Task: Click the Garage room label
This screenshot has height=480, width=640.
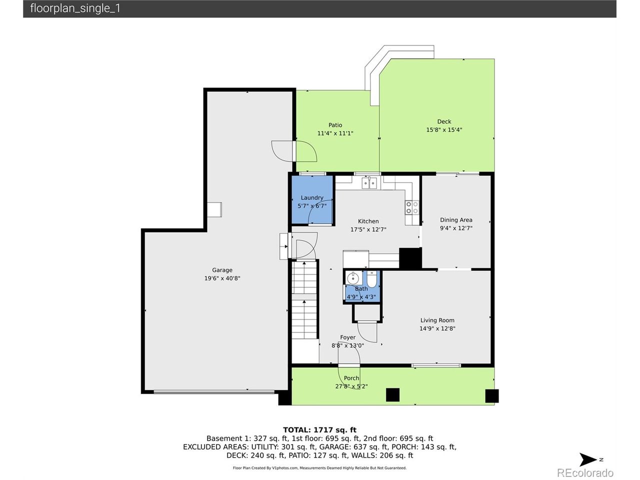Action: point(222,270)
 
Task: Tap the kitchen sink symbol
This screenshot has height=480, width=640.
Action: point(369,183)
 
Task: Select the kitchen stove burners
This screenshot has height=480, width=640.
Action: point(412,207)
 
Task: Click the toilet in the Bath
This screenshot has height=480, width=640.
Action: point(371,279)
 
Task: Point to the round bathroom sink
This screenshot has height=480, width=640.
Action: point(353,278)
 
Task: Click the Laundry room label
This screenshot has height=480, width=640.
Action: point(312,197)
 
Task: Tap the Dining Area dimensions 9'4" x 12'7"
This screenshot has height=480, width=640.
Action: point(456,228)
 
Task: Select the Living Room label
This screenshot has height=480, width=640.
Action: point(437,320)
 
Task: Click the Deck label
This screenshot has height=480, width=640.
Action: point(444,121)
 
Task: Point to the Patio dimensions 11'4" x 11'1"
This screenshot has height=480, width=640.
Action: point(335,133)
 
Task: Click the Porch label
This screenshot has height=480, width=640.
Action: point(351,378)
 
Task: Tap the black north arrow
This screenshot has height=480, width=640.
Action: point(587,459)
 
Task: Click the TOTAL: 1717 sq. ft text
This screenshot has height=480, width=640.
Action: point(319,430)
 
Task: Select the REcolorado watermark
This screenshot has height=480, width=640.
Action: point(585,472)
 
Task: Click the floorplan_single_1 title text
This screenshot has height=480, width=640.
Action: point(75,8)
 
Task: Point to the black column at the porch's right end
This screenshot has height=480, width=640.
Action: point(491,396)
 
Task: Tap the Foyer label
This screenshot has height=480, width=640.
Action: point(347,337)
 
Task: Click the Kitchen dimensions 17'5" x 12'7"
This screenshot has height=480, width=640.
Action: point(368,229)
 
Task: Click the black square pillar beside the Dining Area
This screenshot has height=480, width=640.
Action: point(410,258)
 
